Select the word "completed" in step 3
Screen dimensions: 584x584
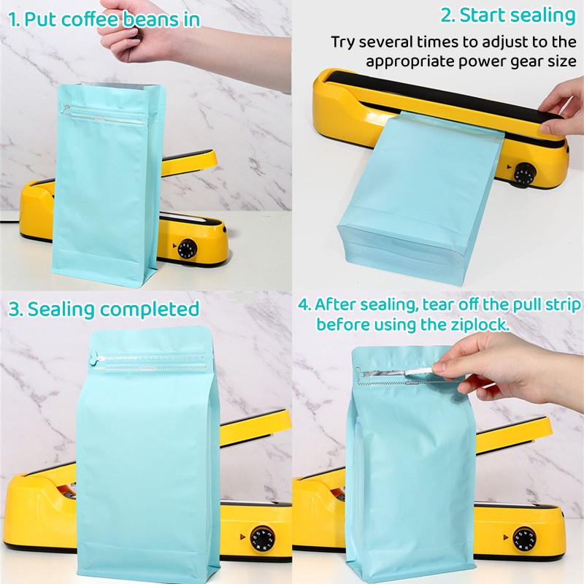pos(150,309)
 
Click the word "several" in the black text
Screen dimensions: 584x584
pos(386,42)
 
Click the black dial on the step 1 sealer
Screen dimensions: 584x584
pos(187,249)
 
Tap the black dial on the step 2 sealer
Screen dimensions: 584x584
pos(525,174)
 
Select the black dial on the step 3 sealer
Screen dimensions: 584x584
pos(263,539)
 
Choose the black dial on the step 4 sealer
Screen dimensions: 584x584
pos(524,539)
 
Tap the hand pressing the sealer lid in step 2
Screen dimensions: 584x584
pos(562,108)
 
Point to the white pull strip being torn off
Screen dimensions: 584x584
pos(418,371)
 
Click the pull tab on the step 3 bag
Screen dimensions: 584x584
pos(96,358)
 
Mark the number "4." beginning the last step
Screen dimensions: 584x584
pos(304,305)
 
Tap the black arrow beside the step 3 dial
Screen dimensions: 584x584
pos(242,537)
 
